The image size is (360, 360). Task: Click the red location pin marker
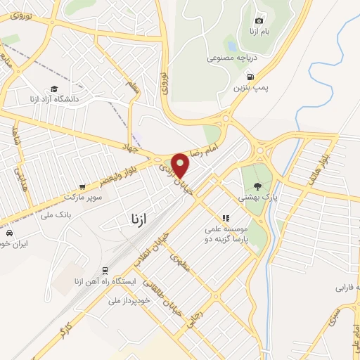pyautogui.click(x=181, y=165)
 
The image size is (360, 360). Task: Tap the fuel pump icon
pyautogui.click(x=250, y=77)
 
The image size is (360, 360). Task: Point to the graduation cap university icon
pyautogui.click(x=53, y=90)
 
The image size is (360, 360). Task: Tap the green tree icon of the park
pyautogui.click(x=259, y=186)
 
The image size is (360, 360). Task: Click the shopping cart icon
pyautogui.click(x=83, y=187)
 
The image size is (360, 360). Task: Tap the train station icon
pyautogui.click(x=105, y=270)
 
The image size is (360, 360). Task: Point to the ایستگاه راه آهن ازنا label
pyautogui.click(x=104, y=283)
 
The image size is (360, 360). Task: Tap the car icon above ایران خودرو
pyautogui.click(x=9, y=232)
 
